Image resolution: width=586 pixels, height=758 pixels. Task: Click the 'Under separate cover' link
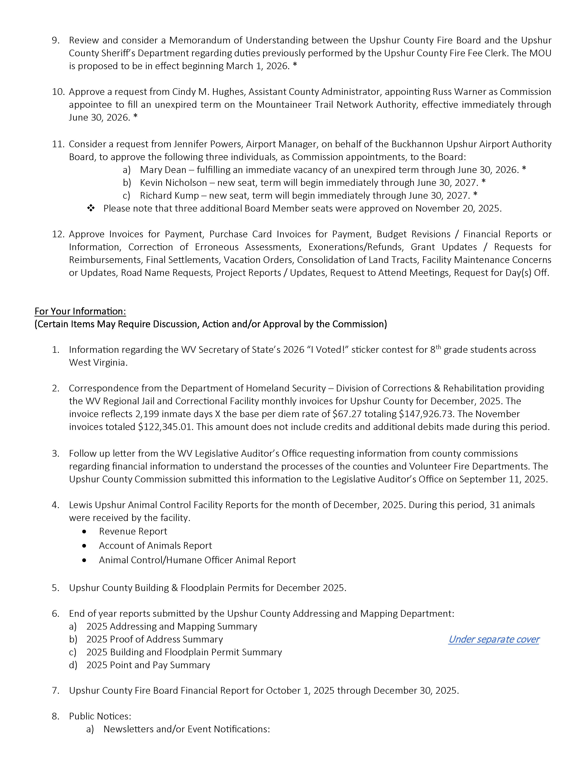[x=493, y=639]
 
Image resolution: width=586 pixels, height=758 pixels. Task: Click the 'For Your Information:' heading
[x=80, y=311]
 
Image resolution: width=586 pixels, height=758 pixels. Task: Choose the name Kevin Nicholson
[x=173, y=183]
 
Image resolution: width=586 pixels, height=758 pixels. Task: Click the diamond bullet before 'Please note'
[x=91, y=208]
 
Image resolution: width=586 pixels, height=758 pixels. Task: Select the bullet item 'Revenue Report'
[x=133, y=531]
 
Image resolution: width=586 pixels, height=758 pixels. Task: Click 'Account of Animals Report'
[x=155, y=546]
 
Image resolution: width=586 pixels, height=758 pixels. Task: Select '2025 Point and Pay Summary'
[x=148, y=665]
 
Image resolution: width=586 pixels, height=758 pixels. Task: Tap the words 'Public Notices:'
[x=100, y=716]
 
